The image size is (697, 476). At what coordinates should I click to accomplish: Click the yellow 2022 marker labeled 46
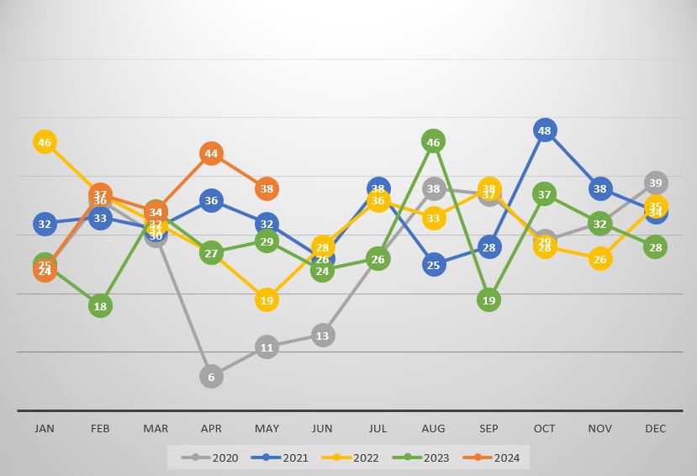(45, 142)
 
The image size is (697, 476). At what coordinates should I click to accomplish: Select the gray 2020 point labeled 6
(211, 377)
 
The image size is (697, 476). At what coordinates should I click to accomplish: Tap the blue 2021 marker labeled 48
(545, 130)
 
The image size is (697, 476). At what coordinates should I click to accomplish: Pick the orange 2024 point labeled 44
(211, 154)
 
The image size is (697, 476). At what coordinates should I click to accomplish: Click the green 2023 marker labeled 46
(433, 142)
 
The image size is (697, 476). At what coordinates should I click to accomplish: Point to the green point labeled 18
(100, 306)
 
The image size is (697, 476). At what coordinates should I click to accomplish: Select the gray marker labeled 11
(267, 347)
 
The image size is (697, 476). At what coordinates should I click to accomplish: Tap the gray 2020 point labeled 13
(322, 336)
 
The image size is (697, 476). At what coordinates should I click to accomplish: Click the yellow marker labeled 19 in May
(267, 300)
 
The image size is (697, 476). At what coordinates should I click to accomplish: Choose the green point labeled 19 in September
(488, 300)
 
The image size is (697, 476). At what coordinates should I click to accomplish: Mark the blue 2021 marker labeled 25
(433, 265)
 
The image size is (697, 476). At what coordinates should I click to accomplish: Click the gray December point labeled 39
(656, 182)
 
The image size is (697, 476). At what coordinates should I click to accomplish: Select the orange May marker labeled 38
(267, 189)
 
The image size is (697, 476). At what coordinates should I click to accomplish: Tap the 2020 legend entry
(214, 458)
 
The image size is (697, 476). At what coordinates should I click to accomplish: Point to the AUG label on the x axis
(433, 429)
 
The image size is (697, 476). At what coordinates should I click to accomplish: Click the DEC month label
(656, 429)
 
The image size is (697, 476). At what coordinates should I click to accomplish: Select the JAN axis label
(45, 429)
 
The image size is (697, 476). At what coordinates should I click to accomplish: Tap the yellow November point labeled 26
(599, 259)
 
